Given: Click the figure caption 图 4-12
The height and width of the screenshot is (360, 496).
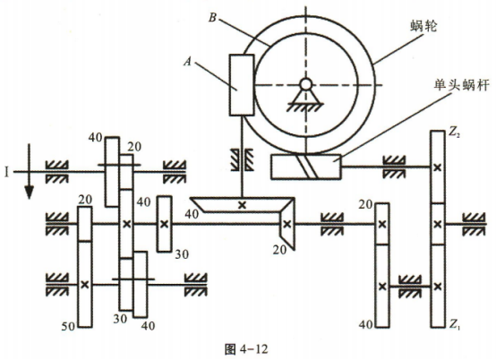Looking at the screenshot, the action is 246,349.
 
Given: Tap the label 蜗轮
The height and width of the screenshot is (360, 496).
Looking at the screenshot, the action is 423,26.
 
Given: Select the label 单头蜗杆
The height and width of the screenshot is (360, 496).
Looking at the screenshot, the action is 462,85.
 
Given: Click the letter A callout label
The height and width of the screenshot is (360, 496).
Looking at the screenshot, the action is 188,62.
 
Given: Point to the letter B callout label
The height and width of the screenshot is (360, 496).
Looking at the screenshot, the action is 212,18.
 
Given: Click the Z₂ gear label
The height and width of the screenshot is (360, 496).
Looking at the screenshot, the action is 454,133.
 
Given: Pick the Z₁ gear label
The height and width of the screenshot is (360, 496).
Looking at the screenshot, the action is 454,323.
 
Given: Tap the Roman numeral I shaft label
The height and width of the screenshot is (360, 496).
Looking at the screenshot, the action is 6,173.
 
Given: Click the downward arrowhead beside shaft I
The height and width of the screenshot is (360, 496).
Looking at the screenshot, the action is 30,193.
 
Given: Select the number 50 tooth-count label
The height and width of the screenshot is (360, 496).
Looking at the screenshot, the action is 68,326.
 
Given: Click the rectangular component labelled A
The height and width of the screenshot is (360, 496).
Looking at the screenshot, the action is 242,85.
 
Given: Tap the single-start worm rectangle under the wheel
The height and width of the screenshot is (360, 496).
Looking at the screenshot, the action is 306,167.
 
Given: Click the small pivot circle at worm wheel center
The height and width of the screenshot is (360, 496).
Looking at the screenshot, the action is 305,84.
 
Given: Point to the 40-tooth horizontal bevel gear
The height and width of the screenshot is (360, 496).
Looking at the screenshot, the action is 243,205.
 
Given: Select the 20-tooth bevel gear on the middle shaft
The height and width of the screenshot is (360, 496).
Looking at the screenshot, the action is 286,224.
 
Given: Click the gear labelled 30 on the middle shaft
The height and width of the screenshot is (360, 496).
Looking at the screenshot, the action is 165,224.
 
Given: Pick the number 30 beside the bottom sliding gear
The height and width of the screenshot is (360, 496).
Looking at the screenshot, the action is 120,319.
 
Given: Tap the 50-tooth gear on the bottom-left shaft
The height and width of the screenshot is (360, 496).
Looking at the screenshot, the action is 85,284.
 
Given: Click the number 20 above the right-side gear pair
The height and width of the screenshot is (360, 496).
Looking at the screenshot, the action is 365,205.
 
